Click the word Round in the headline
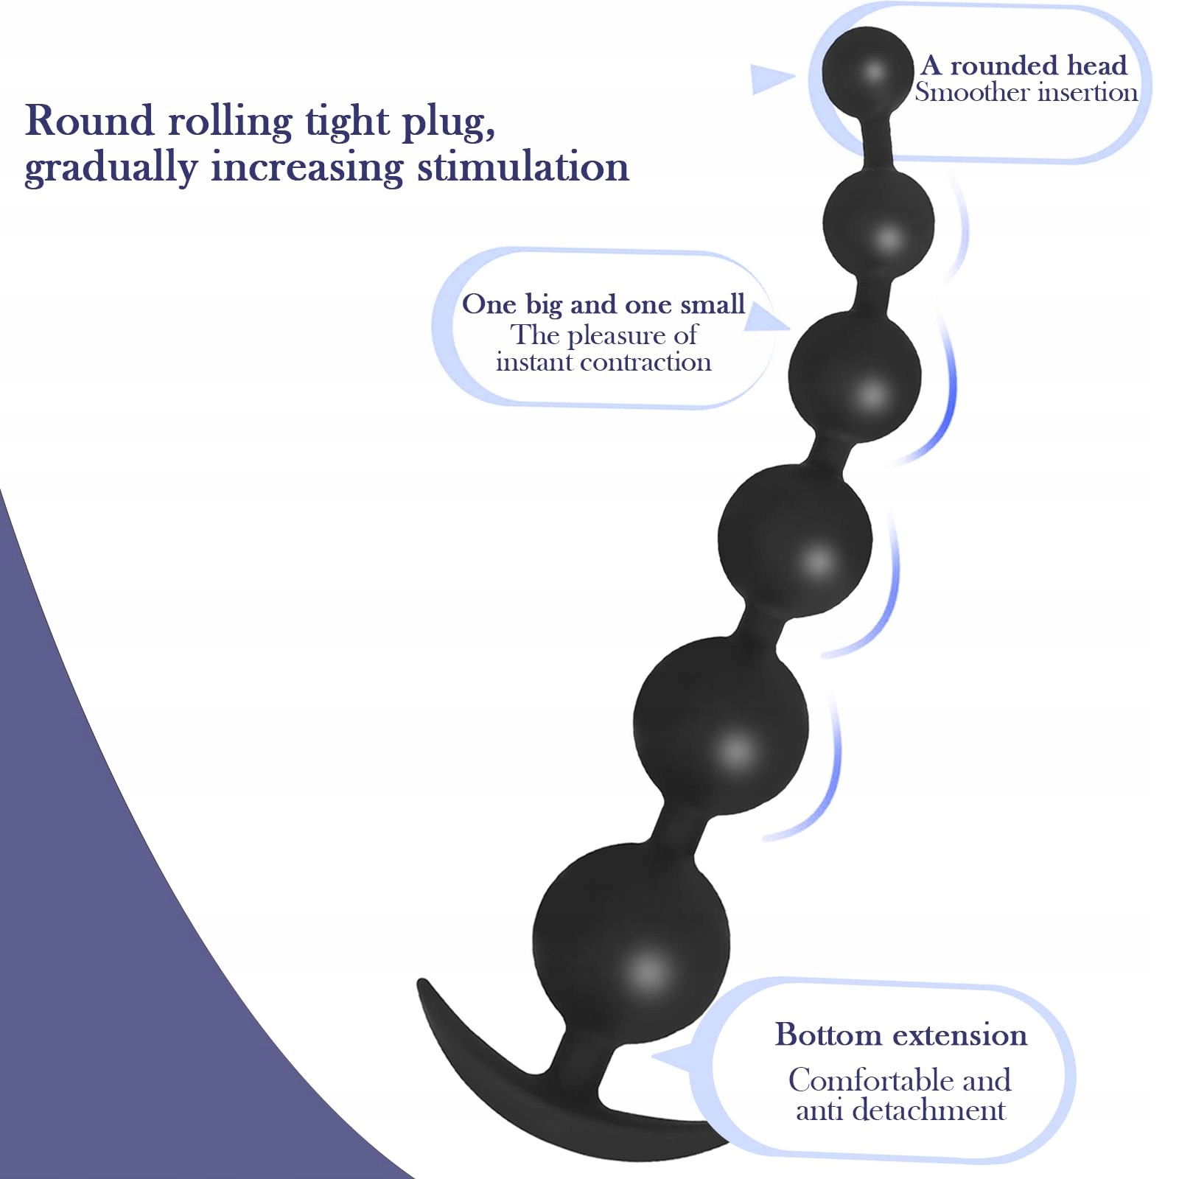click(x=90, y=120)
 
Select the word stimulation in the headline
click(x=523, y=167)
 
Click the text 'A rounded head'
click(x=1024, y=66)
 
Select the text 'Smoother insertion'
click(x=1026, y=93)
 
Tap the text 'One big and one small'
click(x=604, y=304)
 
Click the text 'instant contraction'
click(x=604, y=362)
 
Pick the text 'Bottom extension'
click(x=900, y=1035)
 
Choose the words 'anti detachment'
click(x=900, y=1110)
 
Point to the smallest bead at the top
click(x=868, y=71)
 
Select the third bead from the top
click(x=855, y=377)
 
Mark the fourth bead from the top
click(x=795, y=540)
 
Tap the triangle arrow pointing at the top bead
click(x=769, y=79)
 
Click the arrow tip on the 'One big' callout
click(x=790, y=329)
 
